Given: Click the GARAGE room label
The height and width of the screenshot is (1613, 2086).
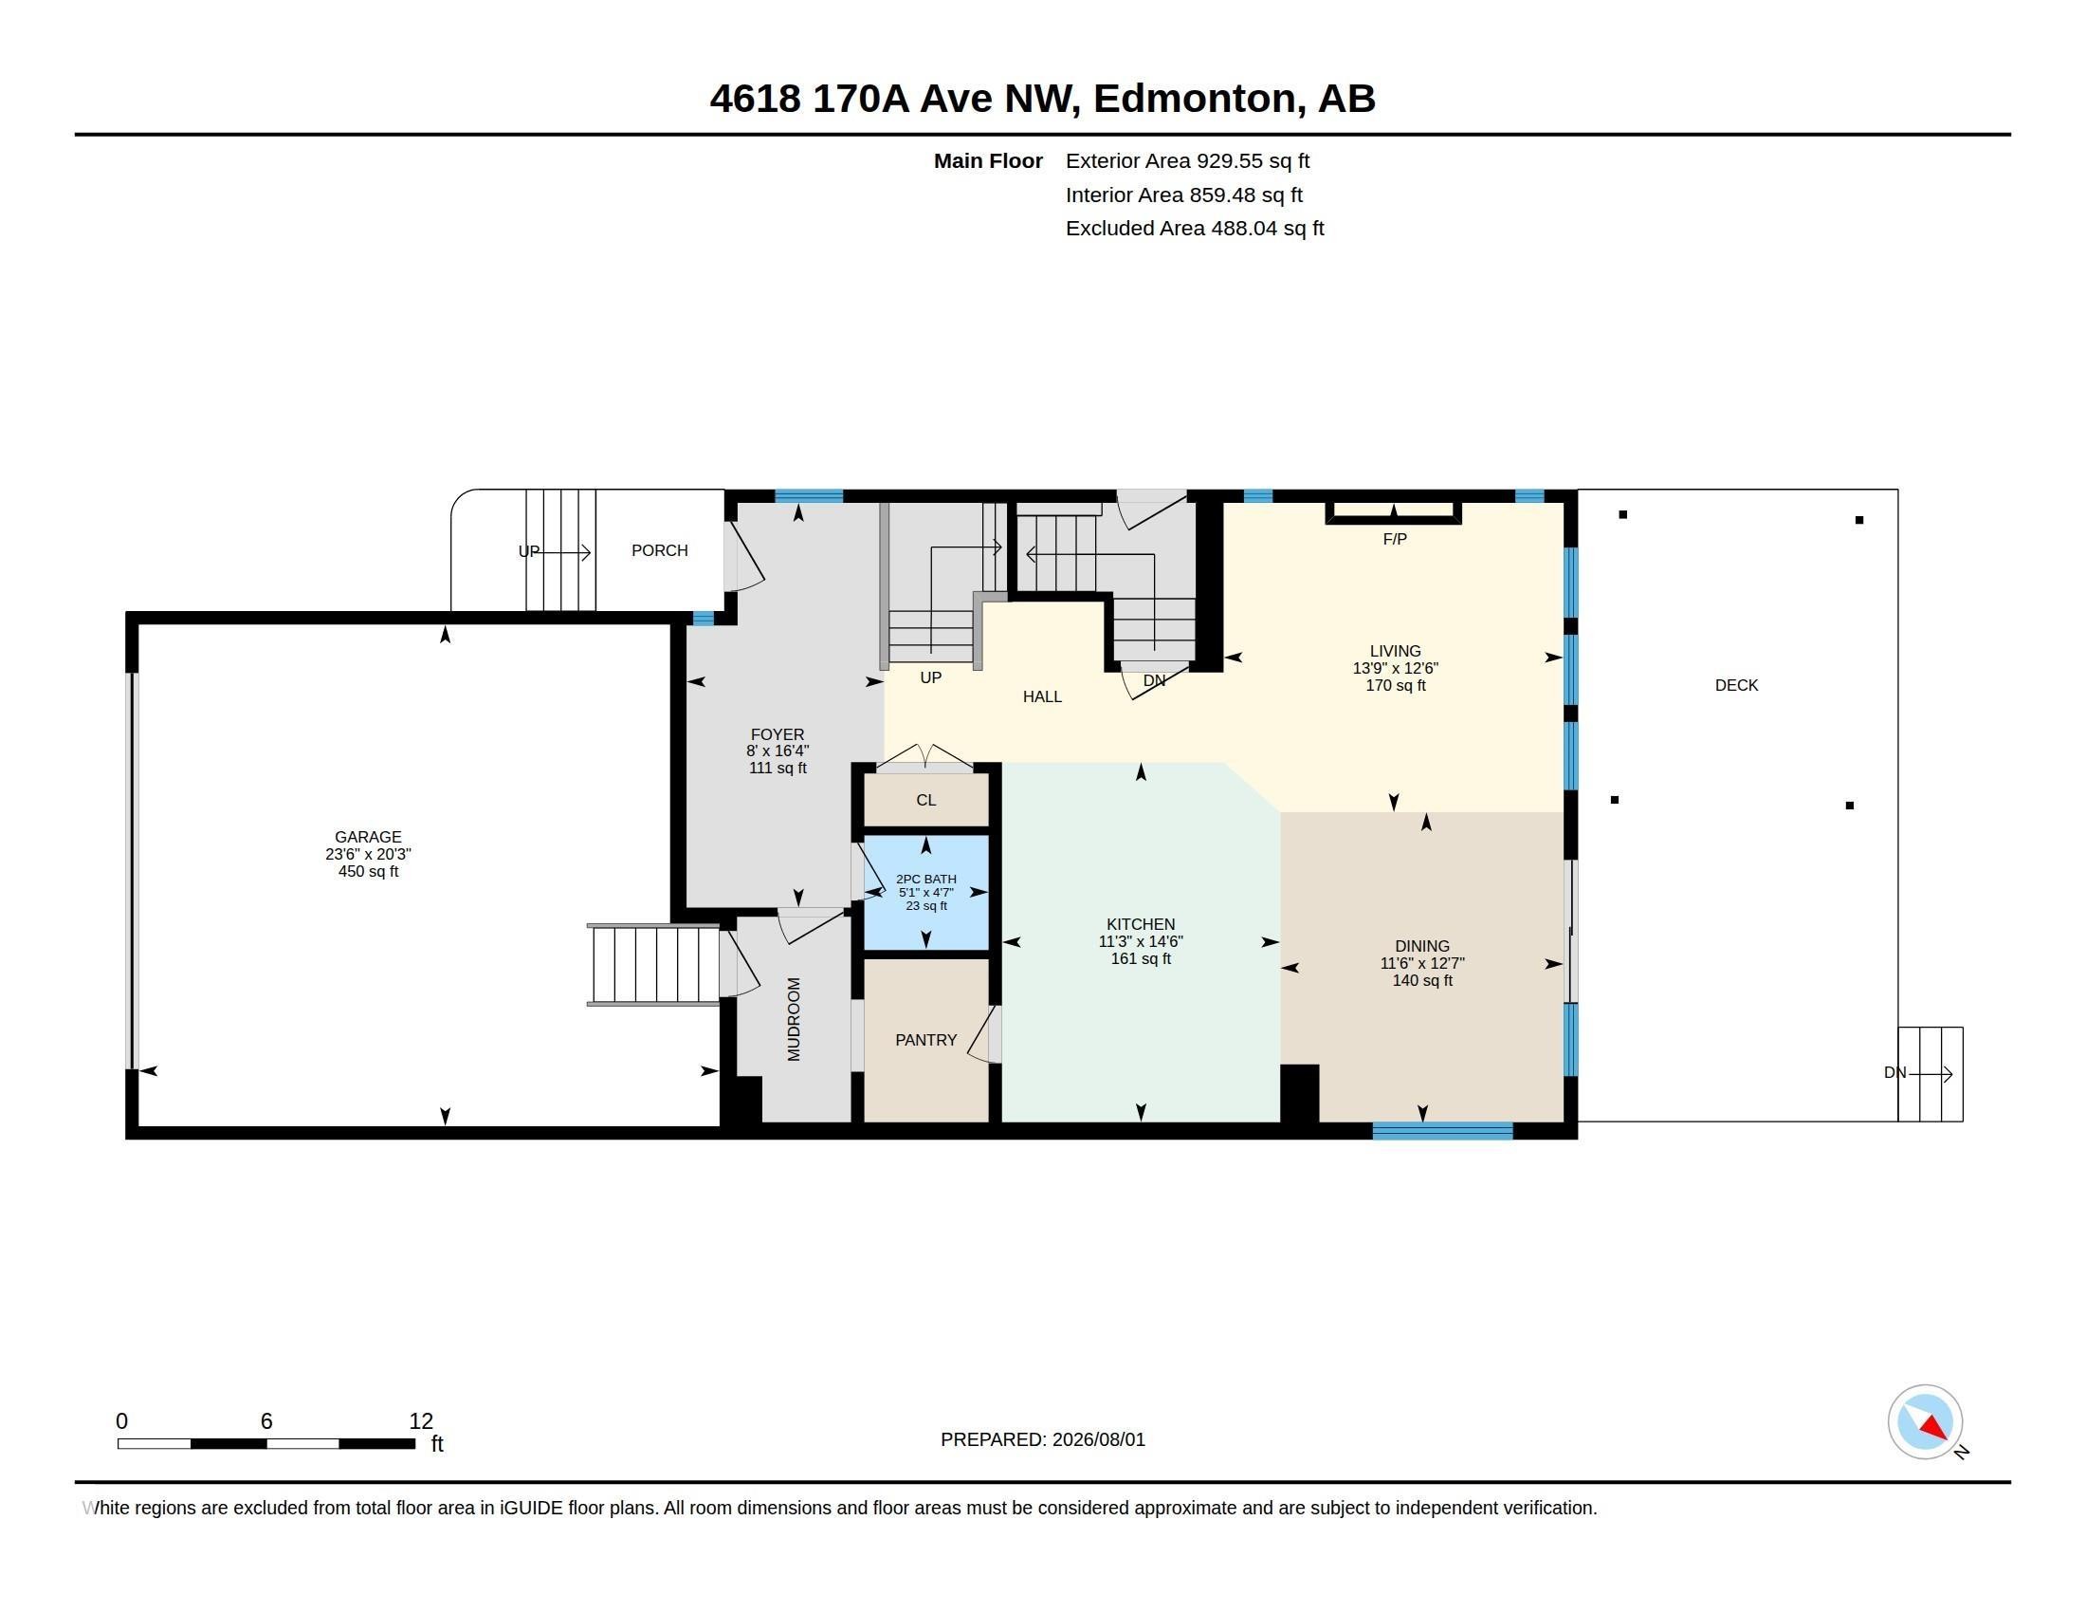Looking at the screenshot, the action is [368, 837].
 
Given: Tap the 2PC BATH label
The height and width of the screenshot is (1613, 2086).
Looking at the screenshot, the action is [925, 880].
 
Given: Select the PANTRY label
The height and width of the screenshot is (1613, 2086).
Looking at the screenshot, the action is [925, 1040].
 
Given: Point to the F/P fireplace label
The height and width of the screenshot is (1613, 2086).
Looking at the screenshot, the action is [1395, 539].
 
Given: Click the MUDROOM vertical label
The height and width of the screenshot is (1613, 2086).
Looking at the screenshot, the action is [794, 1019].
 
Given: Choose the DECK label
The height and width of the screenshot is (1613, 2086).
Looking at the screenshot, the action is [1736, 685].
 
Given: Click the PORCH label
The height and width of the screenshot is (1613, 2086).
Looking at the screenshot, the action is [659, 550].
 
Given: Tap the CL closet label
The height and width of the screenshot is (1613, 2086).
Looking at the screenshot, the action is [925, 800].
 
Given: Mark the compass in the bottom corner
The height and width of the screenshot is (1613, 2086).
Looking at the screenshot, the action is [1926, 1422].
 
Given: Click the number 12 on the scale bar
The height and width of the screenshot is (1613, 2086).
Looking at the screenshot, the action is [421, 1421].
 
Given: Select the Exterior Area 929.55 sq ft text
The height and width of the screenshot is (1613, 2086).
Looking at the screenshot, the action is [1187, 160].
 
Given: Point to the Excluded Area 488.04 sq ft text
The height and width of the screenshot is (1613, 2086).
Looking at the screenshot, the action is [1195, 229].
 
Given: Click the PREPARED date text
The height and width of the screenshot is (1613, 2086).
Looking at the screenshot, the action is [1043, 1439].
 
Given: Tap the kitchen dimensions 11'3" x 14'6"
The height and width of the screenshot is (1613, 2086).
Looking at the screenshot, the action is [1141, 941].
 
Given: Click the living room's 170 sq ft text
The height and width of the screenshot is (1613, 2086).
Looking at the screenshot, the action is [1396, 685].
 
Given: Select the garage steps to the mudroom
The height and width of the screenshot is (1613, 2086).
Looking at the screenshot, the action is [654, 964].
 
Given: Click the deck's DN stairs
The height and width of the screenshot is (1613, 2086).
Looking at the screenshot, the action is [1930, 1074].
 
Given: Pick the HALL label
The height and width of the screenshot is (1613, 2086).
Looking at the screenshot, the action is [1042, 696].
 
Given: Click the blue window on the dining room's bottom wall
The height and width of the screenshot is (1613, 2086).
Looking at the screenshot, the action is [1442, 1131].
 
